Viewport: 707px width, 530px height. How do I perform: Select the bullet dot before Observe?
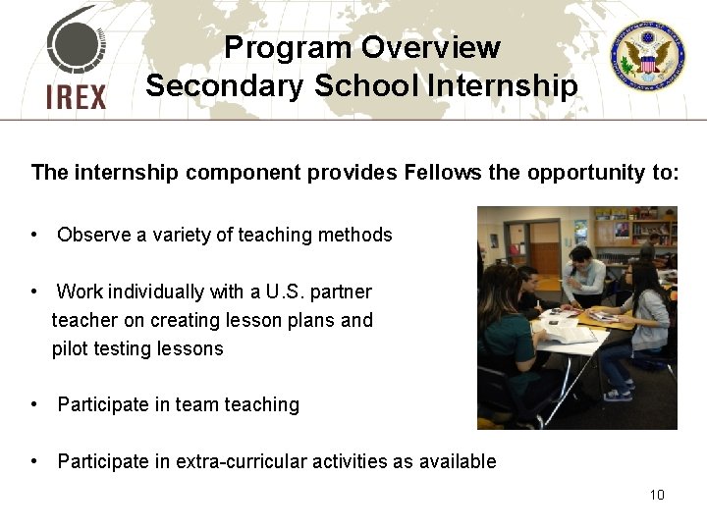click(x=34, y=236)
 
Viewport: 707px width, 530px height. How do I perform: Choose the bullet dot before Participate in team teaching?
click(x=34, y=404)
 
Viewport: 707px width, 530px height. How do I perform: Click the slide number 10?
click(x=657, y=494)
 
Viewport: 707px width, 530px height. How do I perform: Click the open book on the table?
click(x=565, y=334)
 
